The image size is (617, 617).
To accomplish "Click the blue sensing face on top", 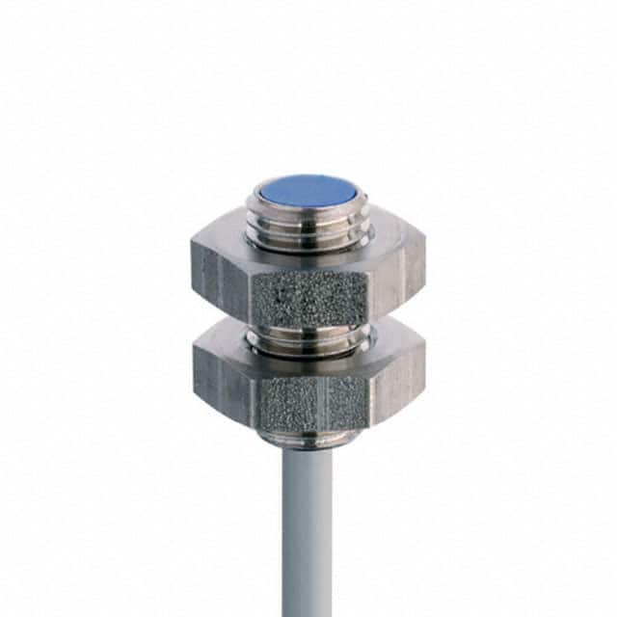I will tap(308, 189).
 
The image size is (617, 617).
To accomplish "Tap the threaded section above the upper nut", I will tap(308, 224).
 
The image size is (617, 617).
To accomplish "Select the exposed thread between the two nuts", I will tap(308, 337).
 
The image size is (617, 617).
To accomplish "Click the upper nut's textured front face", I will tap(308, 294).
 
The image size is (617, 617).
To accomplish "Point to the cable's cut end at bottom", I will tap(308, 613).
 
